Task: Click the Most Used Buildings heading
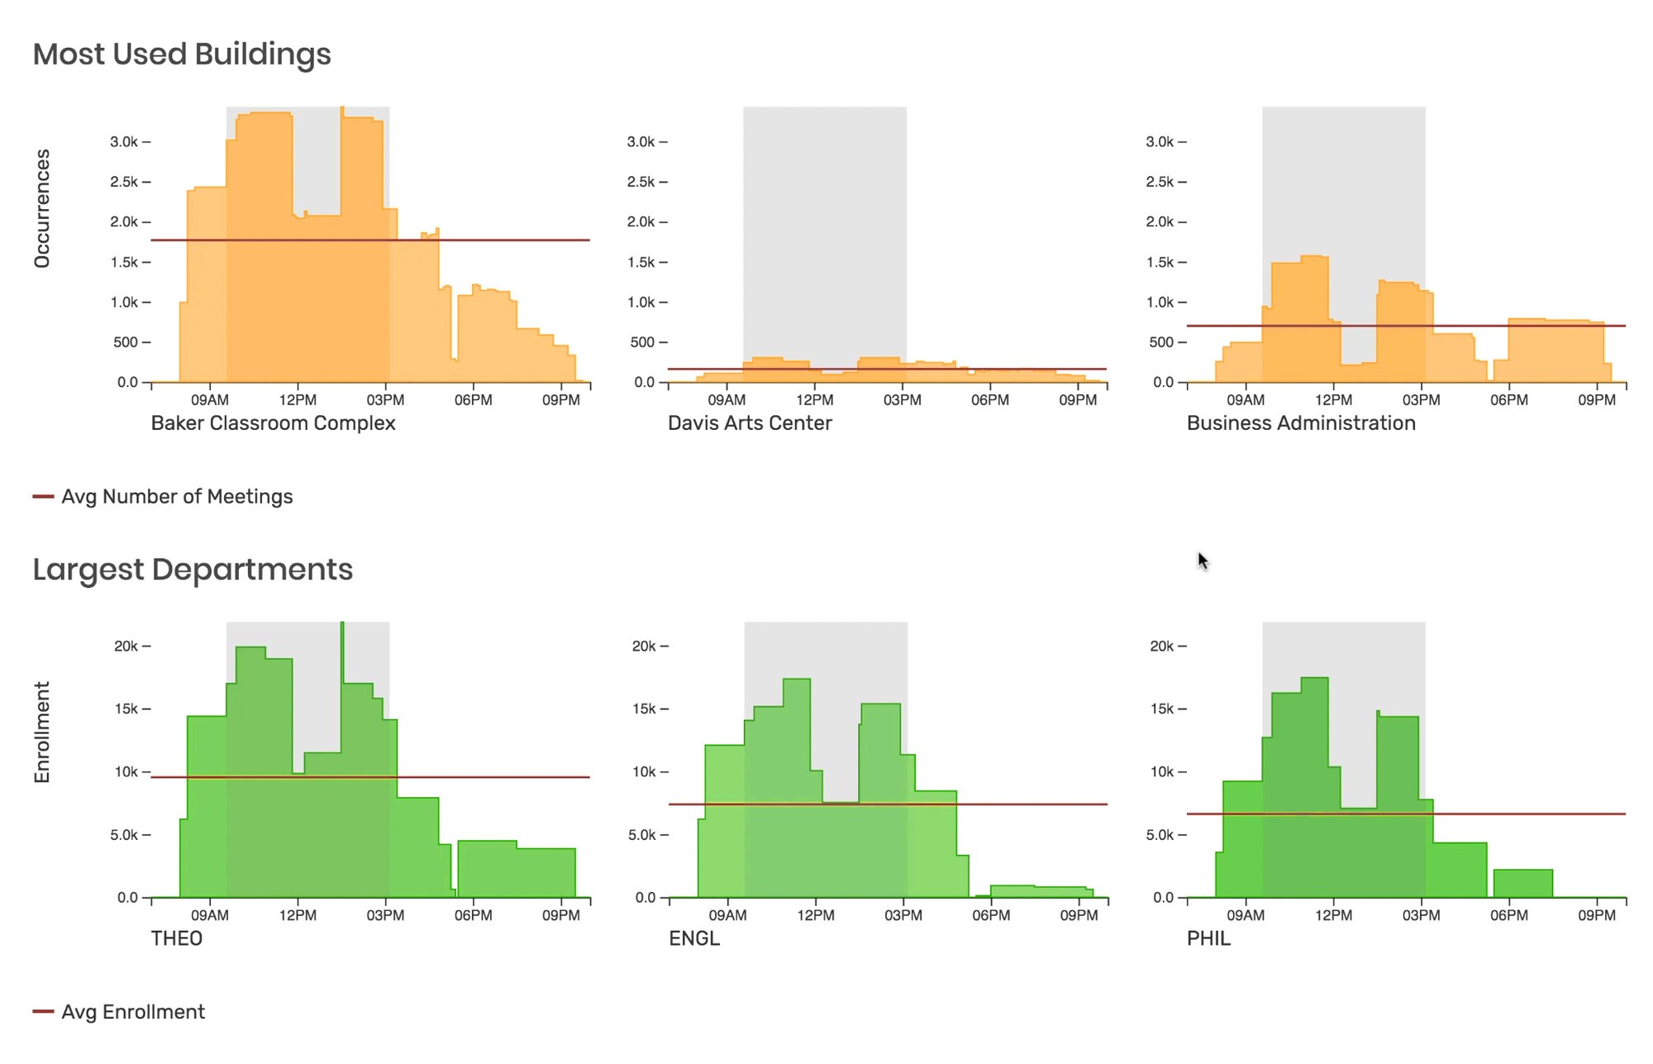182,55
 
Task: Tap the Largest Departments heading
193,570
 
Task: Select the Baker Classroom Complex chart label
273,423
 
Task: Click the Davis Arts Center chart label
750,423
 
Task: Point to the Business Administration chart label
1301,423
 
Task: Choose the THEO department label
176,938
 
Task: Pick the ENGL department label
694,938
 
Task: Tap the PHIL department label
1208,938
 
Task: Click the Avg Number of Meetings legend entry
176,497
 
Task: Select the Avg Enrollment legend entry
132,1012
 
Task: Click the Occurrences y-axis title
42,208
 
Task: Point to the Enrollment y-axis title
42,732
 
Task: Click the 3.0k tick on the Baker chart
125,142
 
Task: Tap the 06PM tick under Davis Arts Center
990,400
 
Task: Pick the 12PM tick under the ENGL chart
816,915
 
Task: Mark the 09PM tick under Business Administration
1597,400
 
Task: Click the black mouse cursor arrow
1203,561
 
